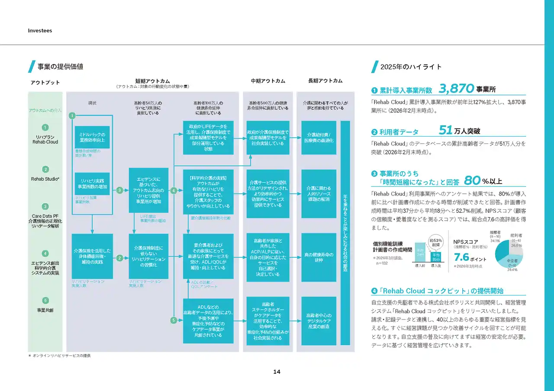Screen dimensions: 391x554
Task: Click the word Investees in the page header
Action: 40,31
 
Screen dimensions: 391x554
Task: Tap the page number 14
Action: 277,372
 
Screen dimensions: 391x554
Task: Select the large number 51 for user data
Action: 445,130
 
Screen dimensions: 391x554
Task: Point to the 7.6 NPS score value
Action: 462,257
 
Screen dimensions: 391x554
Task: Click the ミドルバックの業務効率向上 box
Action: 92,137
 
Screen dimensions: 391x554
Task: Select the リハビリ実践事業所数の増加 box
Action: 92,183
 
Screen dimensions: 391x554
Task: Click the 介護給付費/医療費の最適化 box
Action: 319,138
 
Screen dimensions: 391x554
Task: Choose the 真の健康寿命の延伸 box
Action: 319,256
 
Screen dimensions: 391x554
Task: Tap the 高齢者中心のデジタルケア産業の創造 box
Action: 319,320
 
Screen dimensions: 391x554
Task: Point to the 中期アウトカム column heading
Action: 268,81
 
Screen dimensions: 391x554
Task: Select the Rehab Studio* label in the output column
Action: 45,179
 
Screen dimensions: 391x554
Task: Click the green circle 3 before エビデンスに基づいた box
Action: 120,190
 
